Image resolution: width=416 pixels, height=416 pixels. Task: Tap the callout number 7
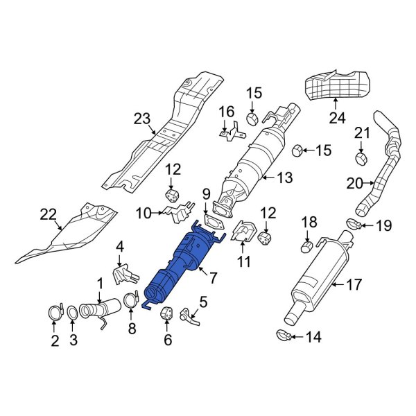click(x=214, y=278)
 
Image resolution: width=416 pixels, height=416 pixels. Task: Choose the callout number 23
click(x=142, y=119)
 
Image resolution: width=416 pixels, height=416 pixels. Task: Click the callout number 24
click(x=336, y=119)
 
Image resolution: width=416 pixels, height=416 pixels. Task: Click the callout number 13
click(x=285, y=179)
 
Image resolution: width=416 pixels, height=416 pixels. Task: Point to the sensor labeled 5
click(x=187, y=315)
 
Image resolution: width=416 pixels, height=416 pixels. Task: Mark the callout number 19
click(x=383, y=225)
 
